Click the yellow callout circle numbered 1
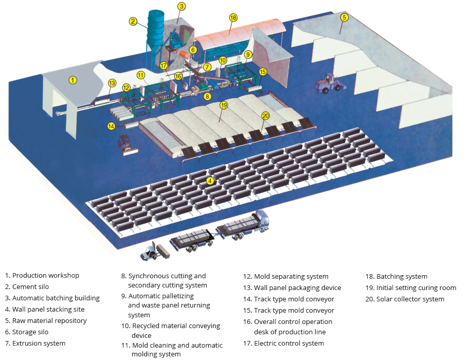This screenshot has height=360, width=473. [73, 80]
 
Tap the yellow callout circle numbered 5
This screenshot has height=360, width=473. [344, 17]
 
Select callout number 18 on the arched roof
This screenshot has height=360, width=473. [233, 17]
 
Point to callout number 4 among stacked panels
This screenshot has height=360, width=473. [210, 181]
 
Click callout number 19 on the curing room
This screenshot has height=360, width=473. [224, 105]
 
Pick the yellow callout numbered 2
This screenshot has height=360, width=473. [133, 21]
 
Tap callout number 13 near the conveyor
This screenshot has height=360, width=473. [112, 83]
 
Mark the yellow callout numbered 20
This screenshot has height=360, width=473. [265, 116]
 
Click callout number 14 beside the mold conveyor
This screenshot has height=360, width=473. [111, 126]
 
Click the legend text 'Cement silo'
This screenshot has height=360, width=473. [31, 287]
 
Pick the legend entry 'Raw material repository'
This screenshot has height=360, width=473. [46, 321]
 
